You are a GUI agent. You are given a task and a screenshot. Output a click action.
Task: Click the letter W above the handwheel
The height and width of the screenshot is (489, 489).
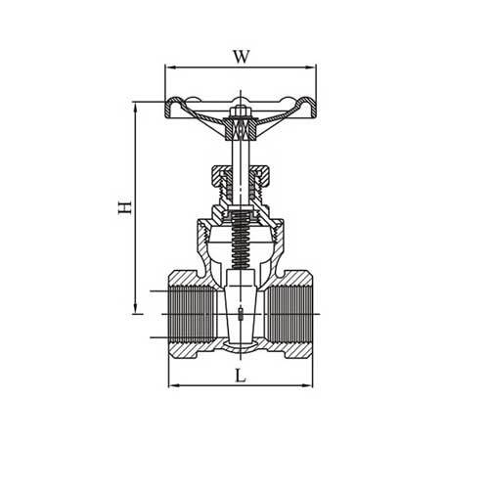[x=240, y=56]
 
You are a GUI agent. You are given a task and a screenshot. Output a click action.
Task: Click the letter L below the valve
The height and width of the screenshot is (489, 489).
[x=241, y=375]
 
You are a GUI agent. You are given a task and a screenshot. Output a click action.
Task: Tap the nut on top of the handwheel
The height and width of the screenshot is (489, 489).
[x=241, y=125]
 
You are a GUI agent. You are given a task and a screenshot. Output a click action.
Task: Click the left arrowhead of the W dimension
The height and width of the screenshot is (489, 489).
[x=167, y=67]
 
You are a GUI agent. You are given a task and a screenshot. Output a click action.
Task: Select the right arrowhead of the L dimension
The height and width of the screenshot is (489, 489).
[x=309, y=385]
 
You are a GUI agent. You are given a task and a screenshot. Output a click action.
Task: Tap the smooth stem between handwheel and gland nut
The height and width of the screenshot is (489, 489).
[x=241, y=152]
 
